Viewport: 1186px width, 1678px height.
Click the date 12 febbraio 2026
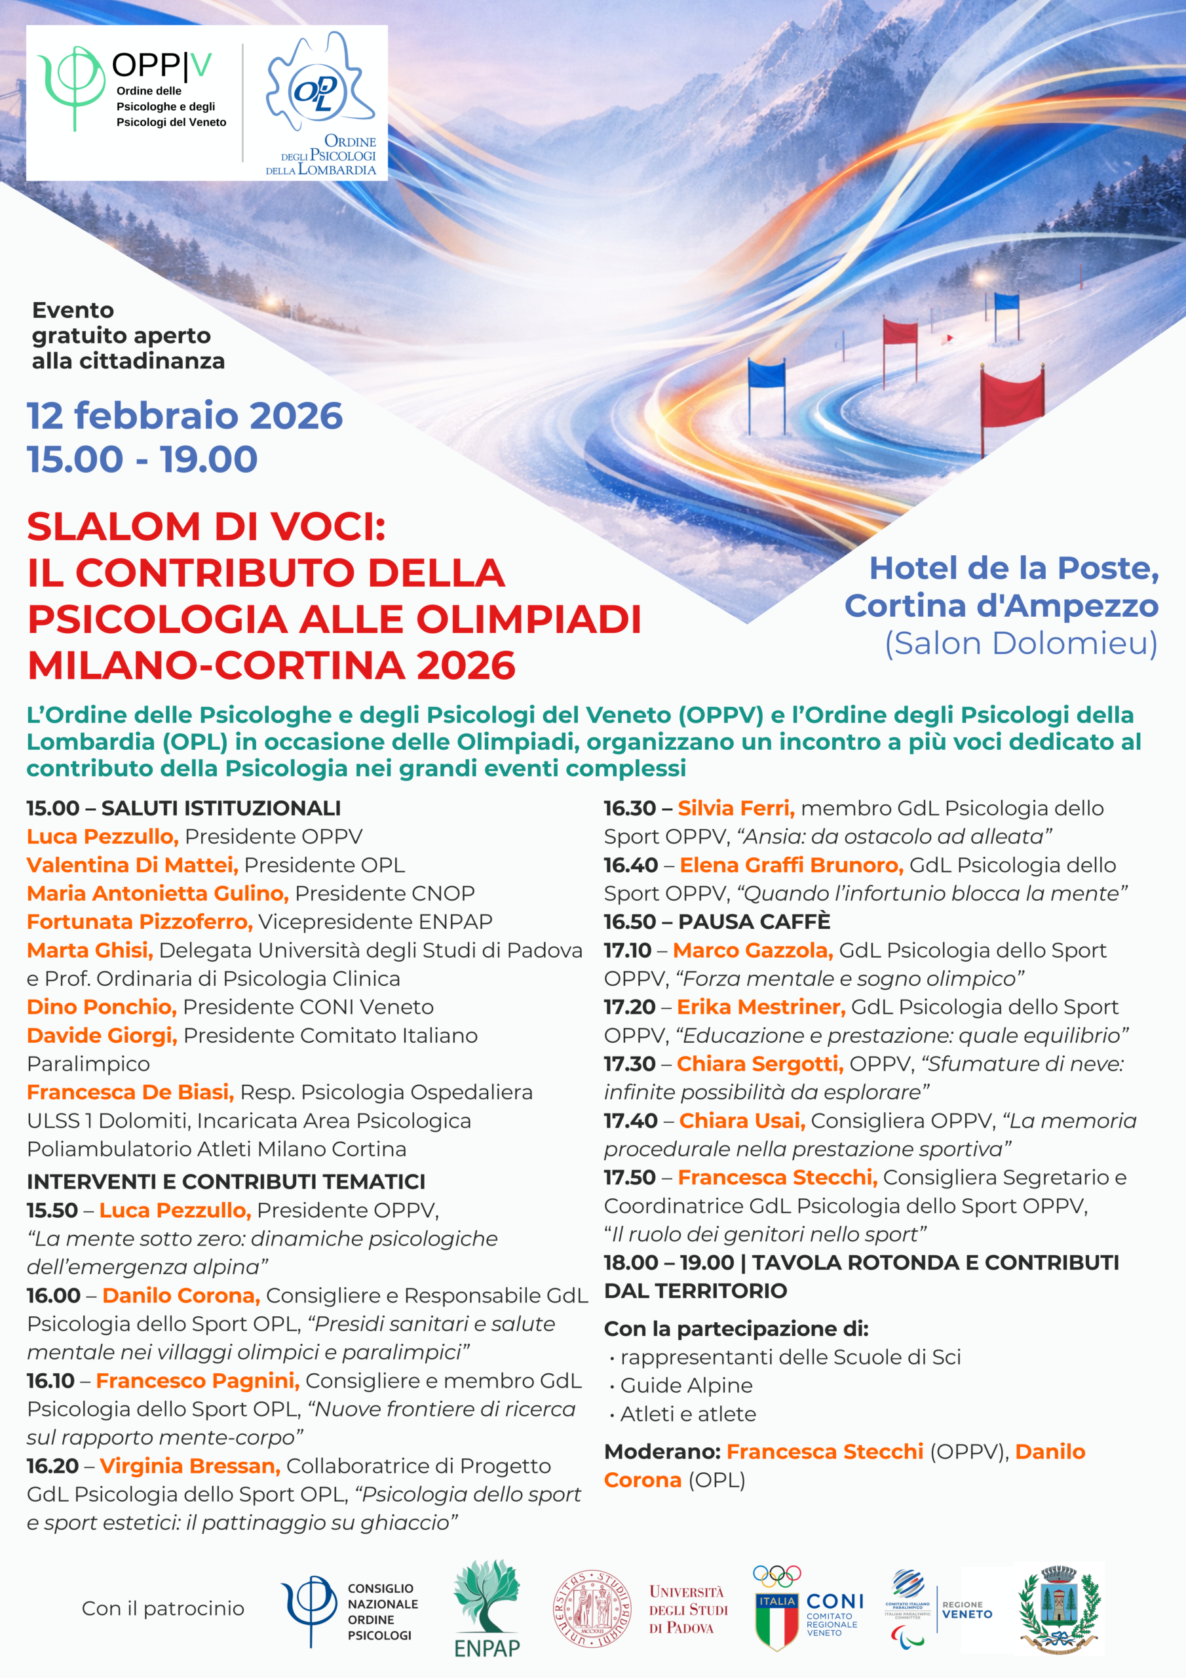pyautogui.click(x=184, y=416)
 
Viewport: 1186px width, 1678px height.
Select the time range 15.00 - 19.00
pyautogui.click(x=142, y=459)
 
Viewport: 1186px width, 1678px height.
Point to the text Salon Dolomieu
pyautogui.click(x=1021, y=644)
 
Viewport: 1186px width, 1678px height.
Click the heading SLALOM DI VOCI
pyautogui.click(x=206, y=527)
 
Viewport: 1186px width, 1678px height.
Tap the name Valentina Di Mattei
pyautogui.click(x=132, y=865)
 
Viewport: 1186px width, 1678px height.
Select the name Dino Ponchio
pyautogui.click(x=102, y=1006)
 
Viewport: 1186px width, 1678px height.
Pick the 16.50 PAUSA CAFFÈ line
pyautogui.click(x=716, y=922)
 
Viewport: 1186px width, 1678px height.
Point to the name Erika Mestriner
pyautogui.click(x=761, y=1006)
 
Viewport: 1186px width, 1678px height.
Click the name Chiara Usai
pyautogui.click(x=742, y=1120)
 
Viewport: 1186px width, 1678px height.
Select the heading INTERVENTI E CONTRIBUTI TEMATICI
pyautogui.click(x=226, y=1182)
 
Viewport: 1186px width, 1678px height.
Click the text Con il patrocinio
pyautogui.click(x=163, y=1609)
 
